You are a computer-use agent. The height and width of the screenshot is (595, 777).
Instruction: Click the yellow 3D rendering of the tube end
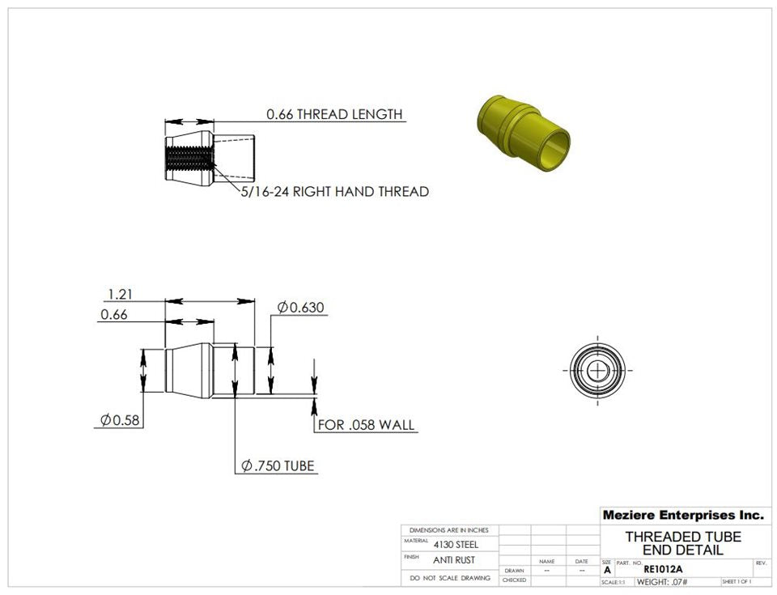[524, 133]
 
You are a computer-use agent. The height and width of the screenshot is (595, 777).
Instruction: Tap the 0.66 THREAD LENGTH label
[334, 114]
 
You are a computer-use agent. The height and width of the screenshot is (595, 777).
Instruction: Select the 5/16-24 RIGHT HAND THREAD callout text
[335, 191]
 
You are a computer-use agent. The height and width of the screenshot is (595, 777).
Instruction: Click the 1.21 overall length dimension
[120, 295]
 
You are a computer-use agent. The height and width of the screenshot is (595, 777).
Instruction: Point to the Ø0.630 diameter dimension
[301, 308]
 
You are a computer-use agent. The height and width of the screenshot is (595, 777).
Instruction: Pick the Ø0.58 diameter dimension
[120, 420]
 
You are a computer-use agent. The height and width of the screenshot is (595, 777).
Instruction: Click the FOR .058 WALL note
[366, 425]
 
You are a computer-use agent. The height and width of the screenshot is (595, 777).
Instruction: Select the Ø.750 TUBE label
[278, 466]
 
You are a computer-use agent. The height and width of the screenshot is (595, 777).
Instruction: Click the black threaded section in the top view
[189, 158]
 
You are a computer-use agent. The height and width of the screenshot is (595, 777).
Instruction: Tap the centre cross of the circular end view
[597, 371]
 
